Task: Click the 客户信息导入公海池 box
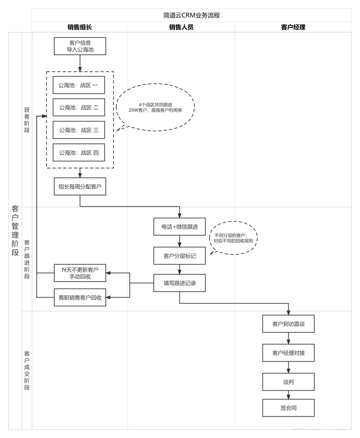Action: (80, 46)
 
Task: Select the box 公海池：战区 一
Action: (79, 85)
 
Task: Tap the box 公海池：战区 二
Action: (79, 108)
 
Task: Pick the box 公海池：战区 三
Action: (79, 130)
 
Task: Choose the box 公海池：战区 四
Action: (79, 153)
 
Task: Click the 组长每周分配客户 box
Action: (80, 187)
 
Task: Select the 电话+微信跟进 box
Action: (179, 227)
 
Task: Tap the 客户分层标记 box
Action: (179, 256)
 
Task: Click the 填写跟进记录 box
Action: (179, 283)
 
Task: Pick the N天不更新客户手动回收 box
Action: (80, 273)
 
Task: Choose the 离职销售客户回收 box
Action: (80, 297)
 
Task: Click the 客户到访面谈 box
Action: (288, 323)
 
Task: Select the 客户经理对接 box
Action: (288, 353)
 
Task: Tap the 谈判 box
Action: (288, 382)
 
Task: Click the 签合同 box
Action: (288, 408)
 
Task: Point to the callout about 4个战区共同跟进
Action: (155, 107)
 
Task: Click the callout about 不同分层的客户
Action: (233, 238)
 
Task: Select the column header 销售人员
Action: (181, 27)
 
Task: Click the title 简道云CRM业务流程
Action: (191, 15)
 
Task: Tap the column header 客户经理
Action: (293, 27)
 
